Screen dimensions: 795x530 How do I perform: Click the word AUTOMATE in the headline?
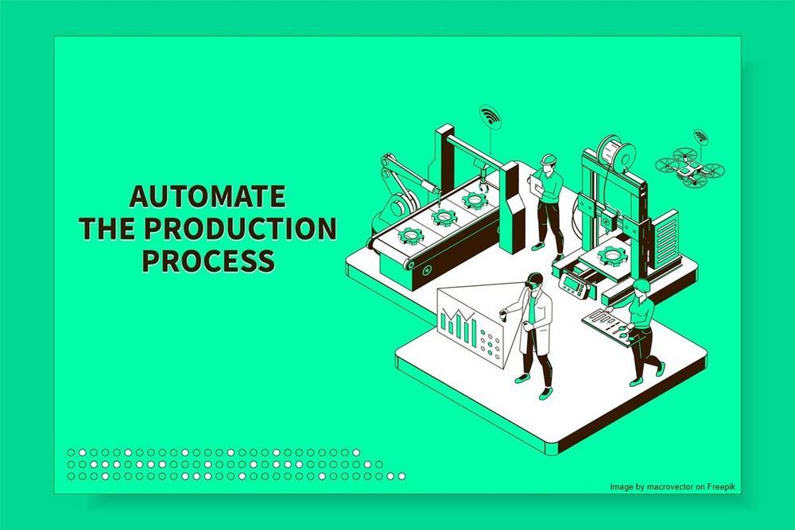point(207,196)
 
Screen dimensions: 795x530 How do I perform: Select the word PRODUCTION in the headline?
point(241,229)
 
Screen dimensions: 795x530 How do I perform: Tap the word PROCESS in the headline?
point(208,261)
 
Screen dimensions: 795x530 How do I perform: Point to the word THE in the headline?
point(108,229)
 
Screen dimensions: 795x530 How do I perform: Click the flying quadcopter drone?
point(690,167)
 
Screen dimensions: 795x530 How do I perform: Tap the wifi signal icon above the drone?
point(700,136)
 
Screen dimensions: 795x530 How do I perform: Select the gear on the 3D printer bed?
point(611,255)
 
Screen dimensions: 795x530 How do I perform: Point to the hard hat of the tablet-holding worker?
point(548,159)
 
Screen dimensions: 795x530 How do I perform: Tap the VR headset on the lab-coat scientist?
point(533,282)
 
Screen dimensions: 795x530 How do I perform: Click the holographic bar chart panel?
point(470,325)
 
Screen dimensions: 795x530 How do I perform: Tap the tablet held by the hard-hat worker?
point(536,183)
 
